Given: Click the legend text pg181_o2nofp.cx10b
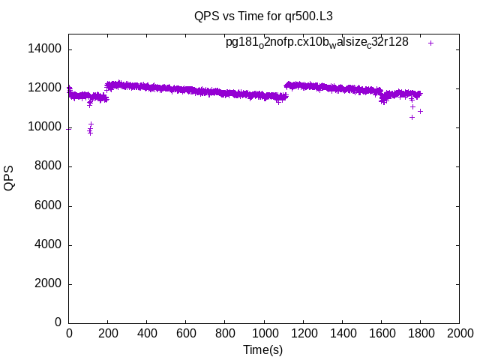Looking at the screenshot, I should (317, 43).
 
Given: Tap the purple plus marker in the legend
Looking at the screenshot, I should (430, 43).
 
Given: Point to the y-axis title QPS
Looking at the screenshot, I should (10, 178).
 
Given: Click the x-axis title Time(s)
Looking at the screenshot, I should (263, 349).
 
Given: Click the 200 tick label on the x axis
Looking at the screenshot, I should (108, 332).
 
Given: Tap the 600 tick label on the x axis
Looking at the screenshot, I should (186, 332).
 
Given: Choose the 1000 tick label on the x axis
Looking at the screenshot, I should (264, 332).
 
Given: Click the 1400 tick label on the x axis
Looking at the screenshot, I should (342, 332).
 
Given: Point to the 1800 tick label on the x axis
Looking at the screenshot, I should (420, 332).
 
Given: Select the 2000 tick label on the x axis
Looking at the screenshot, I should (459, 332).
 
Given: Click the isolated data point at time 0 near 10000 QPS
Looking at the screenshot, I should (69, 128).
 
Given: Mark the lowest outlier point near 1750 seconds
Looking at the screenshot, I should (412, 117).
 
